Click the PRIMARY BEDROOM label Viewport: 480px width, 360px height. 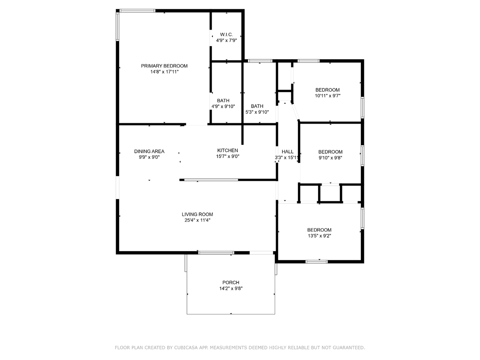coord(164,66)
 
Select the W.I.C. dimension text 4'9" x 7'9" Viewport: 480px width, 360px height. coord(226,40)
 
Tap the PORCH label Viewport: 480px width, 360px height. coord(231,282)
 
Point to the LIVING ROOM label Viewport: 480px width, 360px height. coord(197,214)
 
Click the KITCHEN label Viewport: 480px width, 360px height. coord(228,150)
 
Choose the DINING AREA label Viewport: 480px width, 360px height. coord(149,152)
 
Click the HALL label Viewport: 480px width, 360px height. coord(287,152)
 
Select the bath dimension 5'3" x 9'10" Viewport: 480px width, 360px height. coord(257,112)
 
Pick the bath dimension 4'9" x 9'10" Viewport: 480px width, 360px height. coord(223,106)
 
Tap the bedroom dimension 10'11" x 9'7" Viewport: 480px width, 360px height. coord(328,96)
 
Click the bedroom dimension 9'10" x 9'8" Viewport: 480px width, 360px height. coord(330,158)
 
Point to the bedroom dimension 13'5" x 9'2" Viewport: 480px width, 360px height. coord(319,236)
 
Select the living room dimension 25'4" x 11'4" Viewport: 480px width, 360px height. coord(197,220)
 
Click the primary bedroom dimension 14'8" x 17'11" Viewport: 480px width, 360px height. coord(164,72)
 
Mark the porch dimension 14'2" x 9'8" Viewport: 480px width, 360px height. coord(231,288)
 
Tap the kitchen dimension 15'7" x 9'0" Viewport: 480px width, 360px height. coord(228,156)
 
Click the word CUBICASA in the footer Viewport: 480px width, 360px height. coord(184,348)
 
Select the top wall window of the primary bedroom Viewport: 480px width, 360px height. coord(137,11)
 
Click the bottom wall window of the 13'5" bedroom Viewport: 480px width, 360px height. coord(316,262)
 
